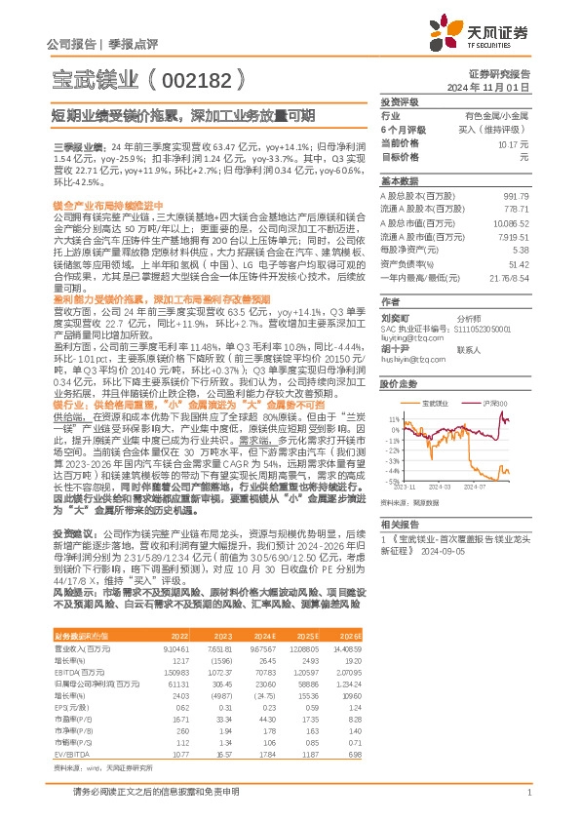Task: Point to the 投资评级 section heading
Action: coord(400,101)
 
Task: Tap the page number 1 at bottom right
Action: coord(527,792)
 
